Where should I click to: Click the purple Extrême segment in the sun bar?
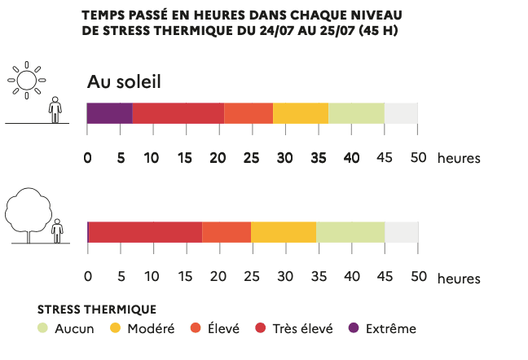[x=110, y=113]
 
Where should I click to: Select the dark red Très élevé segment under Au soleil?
[x=178, y=113]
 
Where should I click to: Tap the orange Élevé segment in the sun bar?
[x=249, y=113]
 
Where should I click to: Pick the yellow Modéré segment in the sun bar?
[x=301, y=113]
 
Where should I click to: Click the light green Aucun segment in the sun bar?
[x=356, y=113]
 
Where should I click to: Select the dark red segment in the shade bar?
[x=145, y=232]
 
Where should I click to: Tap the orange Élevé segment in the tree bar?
[x=227, y=232]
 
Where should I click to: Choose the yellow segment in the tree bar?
[x=284, y=232]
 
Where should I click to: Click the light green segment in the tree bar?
[x=350, y=232]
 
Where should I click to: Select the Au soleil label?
[x=125, y=82]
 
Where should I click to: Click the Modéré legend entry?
[x=142, y=329]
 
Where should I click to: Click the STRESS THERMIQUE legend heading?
[x=97, y=310]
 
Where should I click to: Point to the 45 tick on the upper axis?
[x=385, y=157]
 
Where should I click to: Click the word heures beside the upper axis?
[x=459, y=158]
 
